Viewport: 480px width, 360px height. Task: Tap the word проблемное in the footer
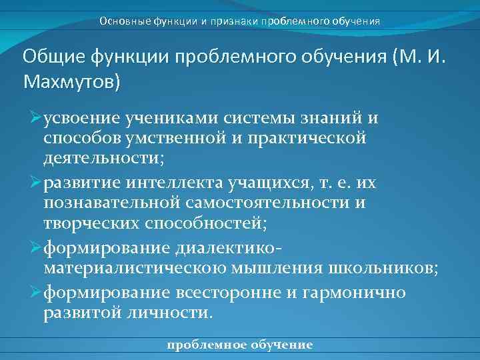205,345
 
